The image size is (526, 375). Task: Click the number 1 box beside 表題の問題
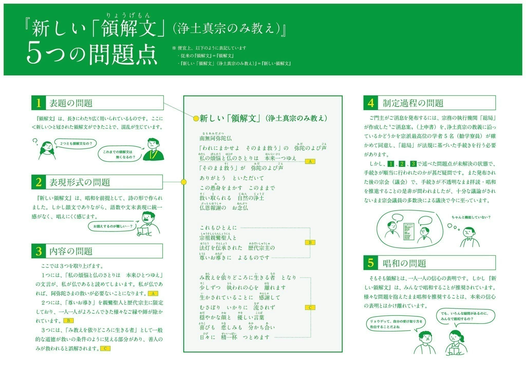[x=39, y=103]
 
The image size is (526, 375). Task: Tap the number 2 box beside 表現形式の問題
[x=39, y=182]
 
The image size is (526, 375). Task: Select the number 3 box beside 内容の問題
[x=39, y=251]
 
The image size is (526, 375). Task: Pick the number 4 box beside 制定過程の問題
[x=371, y=103]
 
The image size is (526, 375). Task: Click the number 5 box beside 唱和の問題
[x=371, y=263]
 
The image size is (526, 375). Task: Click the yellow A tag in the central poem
[x=310, y=162]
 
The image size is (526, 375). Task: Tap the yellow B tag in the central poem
[x=310, y=242]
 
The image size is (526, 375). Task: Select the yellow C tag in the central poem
[x=310, y=308]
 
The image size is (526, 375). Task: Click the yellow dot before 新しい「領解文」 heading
[x=196, y=119]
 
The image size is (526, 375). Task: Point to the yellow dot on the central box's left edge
[x=183, y=182]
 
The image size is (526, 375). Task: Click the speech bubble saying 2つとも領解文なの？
[x=76, y=143]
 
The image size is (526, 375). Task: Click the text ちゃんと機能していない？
[x=471, y=217]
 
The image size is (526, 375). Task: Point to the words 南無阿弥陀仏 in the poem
[x=215, y=138]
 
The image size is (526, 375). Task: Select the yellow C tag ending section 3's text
[x=105, y=349]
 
